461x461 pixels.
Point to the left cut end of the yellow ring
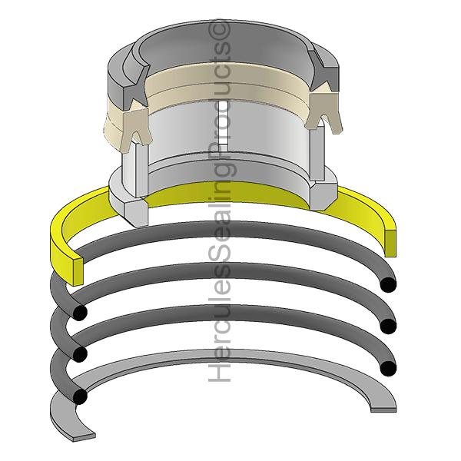coord(78,271)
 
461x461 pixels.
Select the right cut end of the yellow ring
coord(390,244)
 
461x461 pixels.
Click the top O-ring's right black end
coord(388,284)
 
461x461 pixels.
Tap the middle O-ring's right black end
coord(388,326)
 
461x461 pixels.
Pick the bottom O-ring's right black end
coord(388,367)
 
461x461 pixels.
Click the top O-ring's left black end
coord(80,312)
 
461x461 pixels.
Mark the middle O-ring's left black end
coord(80,353)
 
